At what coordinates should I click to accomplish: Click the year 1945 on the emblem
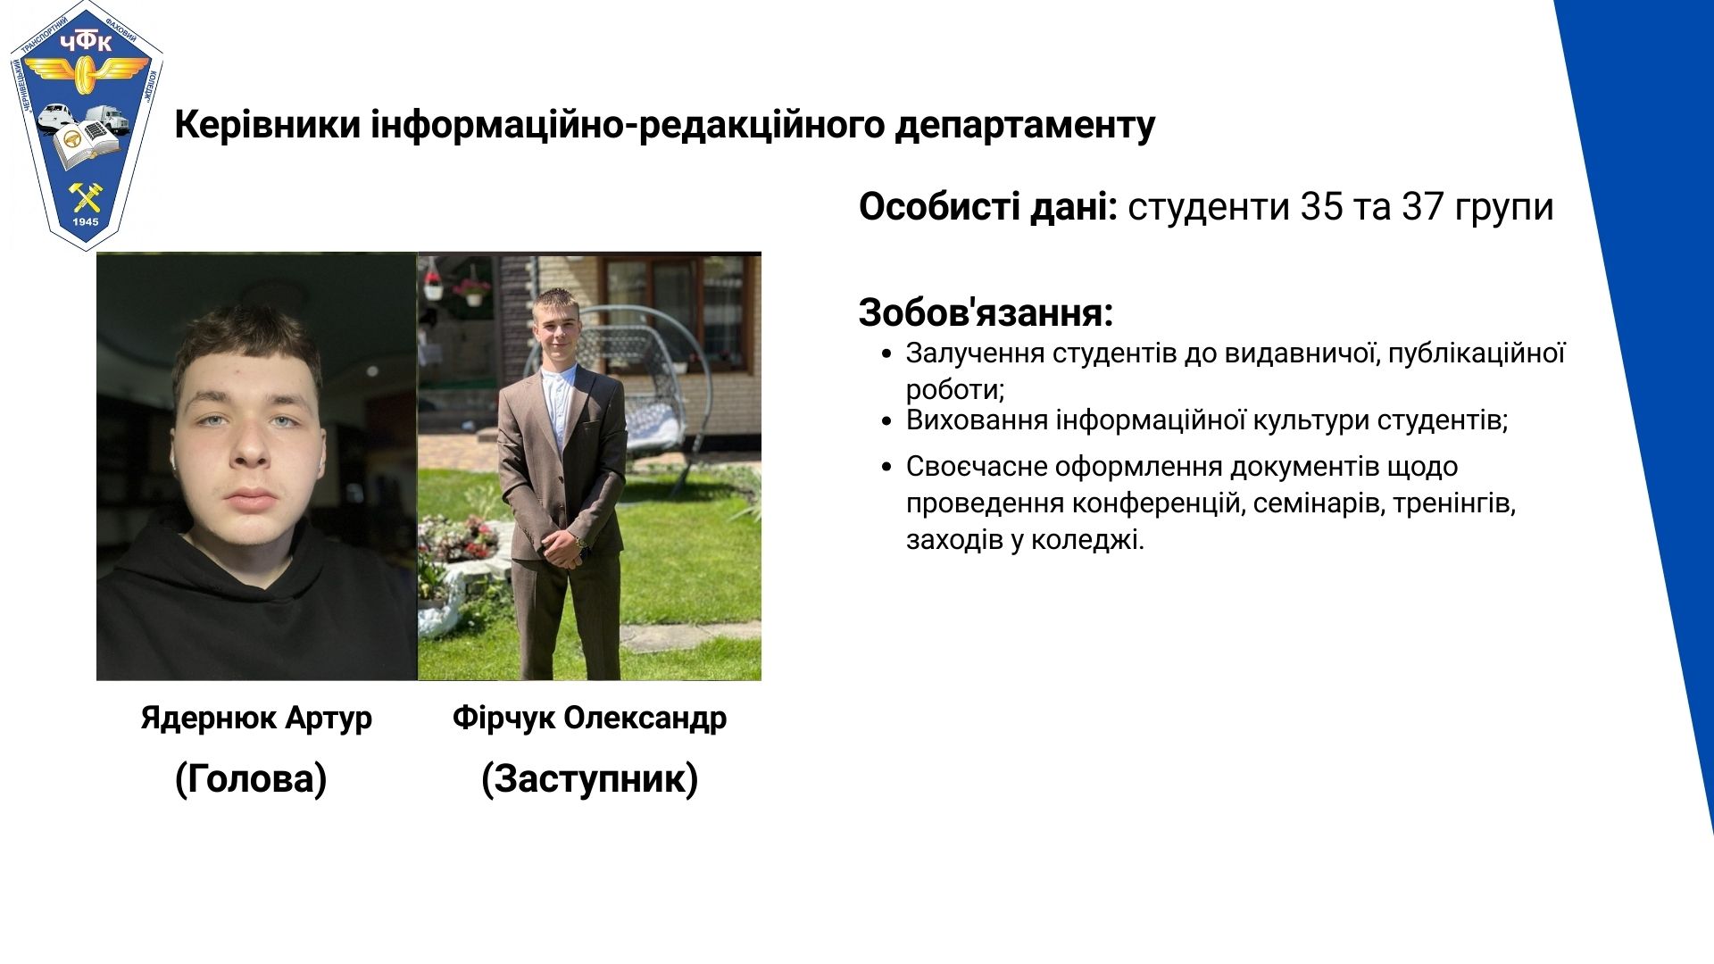point(86,221)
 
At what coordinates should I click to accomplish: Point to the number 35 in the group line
point(1321,206)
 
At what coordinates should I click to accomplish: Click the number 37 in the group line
point(1422,206)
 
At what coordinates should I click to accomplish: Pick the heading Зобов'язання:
point(986,312)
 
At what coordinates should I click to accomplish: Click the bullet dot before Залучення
point(886,353)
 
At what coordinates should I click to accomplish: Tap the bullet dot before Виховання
point(886,420)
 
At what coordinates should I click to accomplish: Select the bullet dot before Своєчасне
point(886,467)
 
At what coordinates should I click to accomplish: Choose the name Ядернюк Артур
point(256,719)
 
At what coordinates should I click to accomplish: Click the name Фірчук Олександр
point(589,718)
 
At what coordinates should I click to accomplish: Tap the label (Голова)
point(251,778)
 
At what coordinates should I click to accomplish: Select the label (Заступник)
point(589,778)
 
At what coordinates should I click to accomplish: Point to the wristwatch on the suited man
point(581,541)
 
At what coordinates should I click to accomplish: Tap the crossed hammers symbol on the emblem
point(87,195)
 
